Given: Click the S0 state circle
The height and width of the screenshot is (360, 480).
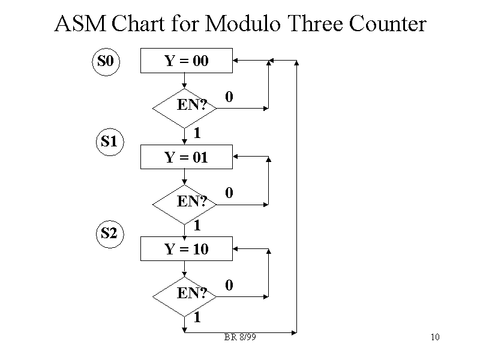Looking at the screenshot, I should pos(106,61).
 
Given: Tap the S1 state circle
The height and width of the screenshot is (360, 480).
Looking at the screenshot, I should pos(109,142).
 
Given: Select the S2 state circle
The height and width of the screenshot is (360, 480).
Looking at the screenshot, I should pos(109,233).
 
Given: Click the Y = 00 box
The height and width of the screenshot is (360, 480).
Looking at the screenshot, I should pos(186,61).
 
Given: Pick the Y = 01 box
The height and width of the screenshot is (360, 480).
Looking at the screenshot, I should pos(186,157).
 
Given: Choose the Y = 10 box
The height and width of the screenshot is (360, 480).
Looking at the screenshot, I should pos(186,248).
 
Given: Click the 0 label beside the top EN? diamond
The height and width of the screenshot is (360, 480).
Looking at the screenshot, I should pos(229,97).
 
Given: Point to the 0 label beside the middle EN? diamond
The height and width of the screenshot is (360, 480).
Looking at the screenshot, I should pos(229,193).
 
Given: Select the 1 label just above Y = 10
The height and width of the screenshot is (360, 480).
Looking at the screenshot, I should pos(196,226).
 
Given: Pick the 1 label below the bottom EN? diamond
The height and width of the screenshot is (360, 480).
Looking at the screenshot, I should pos(196,318).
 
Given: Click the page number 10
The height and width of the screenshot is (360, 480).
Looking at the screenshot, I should pos(436,337).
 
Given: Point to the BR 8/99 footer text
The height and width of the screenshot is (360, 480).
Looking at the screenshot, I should pos(240,337).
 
